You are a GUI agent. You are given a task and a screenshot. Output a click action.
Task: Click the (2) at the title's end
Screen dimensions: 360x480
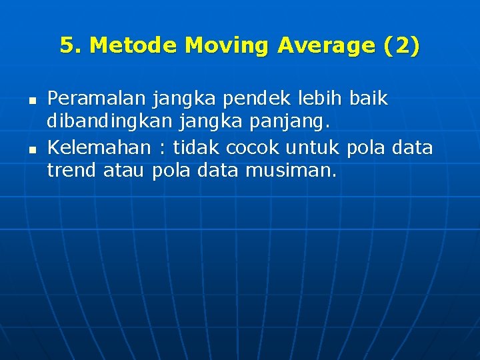[402, 46]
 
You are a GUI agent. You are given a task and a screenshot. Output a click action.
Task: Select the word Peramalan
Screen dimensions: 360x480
[97, 99]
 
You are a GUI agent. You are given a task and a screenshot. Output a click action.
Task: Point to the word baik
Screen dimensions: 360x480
[368, 99]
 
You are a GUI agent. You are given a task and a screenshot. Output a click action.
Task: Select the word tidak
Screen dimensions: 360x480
[195, 147]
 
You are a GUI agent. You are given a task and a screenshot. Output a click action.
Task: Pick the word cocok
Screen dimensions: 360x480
[248, 147]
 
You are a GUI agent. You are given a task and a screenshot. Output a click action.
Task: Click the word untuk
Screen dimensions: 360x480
[313, 147]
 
